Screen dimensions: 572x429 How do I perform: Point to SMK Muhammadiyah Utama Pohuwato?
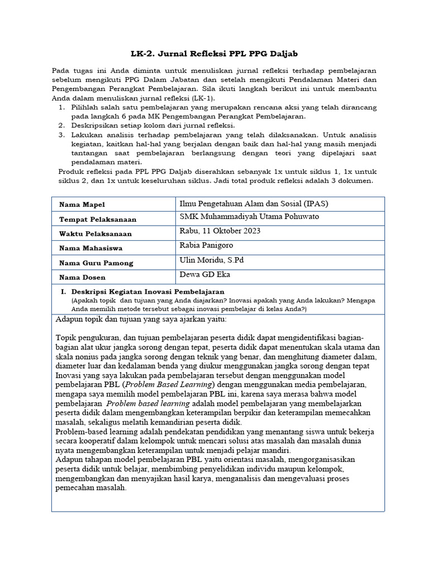pyautogui.click(x=250, y=217)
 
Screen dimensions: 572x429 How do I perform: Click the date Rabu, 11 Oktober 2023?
pyautogui.click(x=220, y=231)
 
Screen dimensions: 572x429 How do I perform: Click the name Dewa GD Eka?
pyautogui.click(x=204, y=274)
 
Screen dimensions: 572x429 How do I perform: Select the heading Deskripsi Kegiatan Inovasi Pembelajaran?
pyautogui.click(x=147, y=292)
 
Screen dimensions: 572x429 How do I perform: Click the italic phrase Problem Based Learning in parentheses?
pyautogui.click(x=168, y=385)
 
